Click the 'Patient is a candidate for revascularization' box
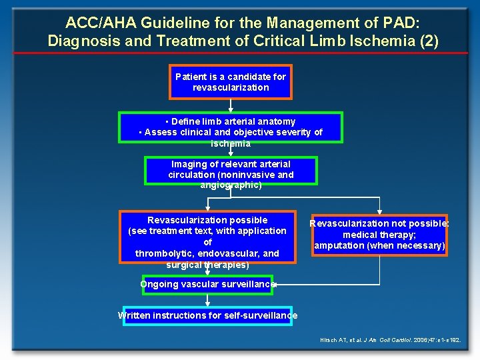231,82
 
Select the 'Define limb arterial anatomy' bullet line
231,121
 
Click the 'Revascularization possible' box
207,237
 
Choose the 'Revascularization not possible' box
379,235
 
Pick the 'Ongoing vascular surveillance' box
207,285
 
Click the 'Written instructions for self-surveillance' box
207,315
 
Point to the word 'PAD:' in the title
397,22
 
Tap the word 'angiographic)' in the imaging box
231,185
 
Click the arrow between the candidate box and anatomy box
231,105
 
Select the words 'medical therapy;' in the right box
379,235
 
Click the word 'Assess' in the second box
159,132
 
